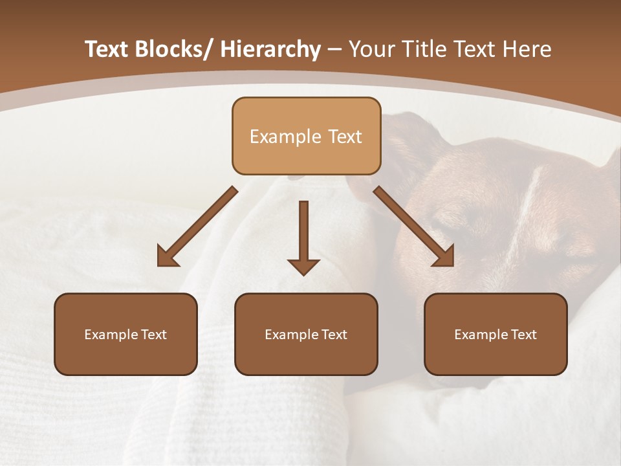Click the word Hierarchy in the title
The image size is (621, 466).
click(270, 50)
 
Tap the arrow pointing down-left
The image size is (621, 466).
click(197, 227)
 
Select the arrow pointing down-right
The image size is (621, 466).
click(414, 227)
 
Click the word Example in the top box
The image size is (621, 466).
click(285, 137)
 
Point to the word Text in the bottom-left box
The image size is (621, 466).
click(153, 335)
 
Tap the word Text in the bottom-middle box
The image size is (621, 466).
click(334, 335)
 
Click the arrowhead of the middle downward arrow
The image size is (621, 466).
click(303, 267)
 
